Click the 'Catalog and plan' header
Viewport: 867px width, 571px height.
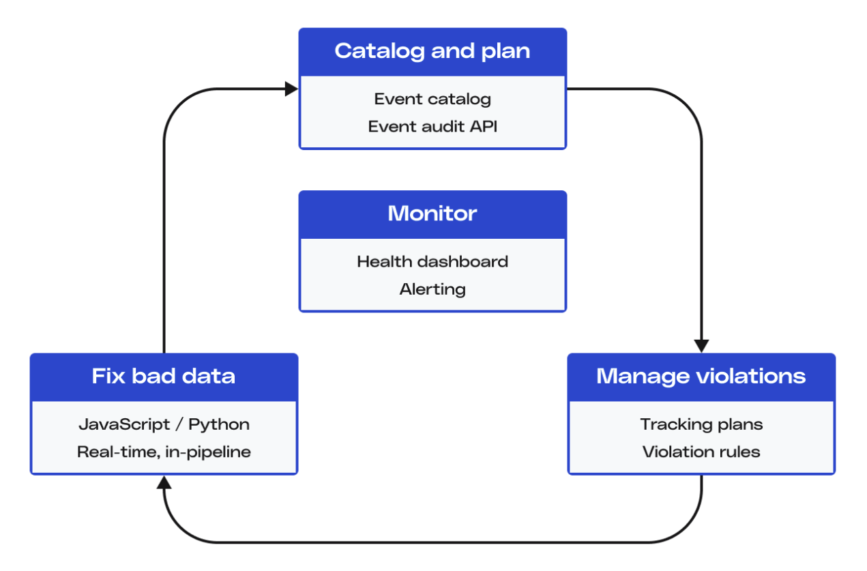(432, 51)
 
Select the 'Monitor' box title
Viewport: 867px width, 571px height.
(432, 214)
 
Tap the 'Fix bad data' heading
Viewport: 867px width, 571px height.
(163, 376)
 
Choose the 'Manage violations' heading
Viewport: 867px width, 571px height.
(701, 377)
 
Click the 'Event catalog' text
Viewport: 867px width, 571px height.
(432, 100)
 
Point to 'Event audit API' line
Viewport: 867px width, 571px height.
(432, 127)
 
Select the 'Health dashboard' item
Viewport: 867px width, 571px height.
(432, 262)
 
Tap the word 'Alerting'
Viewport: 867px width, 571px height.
(432, 289)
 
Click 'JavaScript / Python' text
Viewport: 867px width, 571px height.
(164, 425)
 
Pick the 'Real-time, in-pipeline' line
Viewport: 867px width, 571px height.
(164, 452)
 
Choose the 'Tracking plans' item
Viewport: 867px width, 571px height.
(701, 425)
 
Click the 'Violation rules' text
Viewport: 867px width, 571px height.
(701, 452)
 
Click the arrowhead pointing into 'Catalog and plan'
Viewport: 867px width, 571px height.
(291, 89)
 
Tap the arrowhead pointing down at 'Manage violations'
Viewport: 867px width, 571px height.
(701, 346)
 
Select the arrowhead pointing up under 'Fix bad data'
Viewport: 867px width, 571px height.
(164, 482)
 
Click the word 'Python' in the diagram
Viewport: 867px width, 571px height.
(219, 425)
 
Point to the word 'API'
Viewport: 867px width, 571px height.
(484, 127)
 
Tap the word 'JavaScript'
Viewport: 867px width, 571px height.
(124, 425)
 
